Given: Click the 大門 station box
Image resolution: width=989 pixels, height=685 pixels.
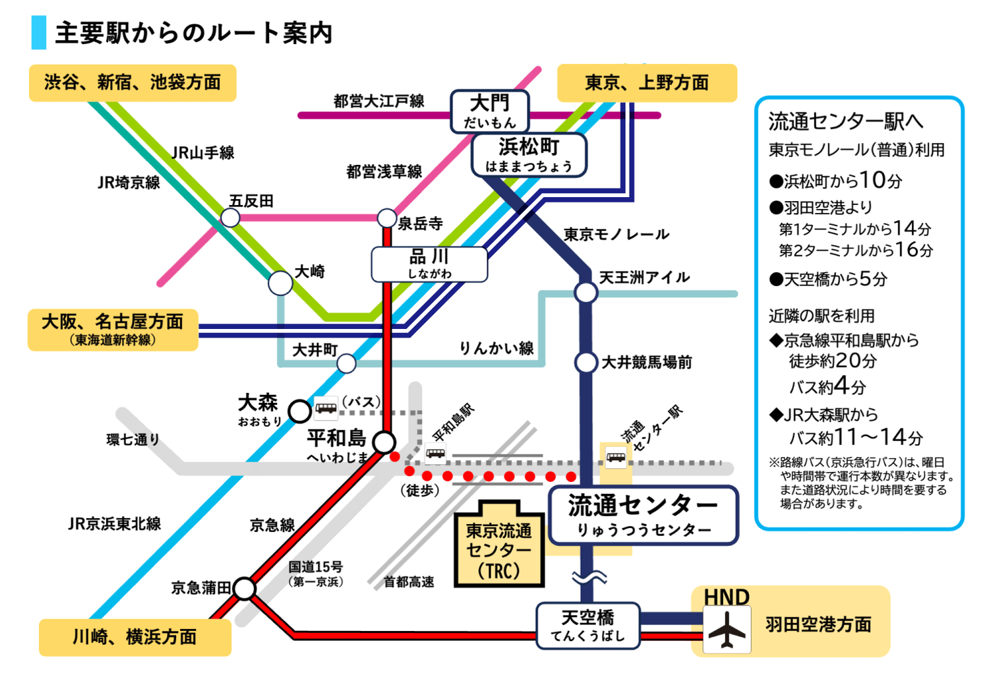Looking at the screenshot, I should (490, 111).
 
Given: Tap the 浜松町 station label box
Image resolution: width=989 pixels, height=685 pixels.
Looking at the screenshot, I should (529, 155).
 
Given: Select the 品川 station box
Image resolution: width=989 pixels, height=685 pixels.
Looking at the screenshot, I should (429, 264).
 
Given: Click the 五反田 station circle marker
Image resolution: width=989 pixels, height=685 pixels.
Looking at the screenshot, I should (230, 217).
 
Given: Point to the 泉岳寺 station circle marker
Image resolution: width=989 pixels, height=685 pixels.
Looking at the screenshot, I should (387, 218).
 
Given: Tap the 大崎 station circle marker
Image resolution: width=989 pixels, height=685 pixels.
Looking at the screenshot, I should (280, 283).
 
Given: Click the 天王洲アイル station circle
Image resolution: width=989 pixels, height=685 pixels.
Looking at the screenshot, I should (585, 292).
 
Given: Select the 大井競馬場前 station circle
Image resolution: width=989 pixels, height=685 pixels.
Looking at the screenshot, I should (585, 362).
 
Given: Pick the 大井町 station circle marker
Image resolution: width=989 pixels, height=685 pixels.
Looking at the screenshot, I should (346, 363).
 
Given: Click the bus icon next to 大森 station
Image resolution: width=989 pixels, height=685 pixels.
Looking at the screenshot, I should (326, 409).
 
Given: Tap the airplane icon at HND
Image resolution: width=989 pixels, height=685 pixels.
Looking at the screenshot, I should (727, 630).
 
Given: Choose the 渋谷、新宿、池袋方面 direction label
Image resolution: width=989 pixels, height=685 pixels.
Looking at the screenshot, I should (133, 82).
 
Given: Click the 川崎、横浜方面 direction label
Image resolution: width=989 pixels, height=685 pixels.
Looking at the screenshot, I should (135, 637).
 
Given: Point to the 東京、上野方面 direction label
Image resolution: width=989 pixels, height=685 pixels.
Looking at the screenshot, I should (647, 82).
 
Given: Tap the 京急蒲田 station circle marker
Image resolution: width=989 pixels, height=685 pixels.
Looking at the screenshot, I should (245, 588).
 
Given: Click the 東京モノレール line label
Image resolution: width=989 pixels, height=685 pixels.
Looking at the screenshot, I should (616, 234).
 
